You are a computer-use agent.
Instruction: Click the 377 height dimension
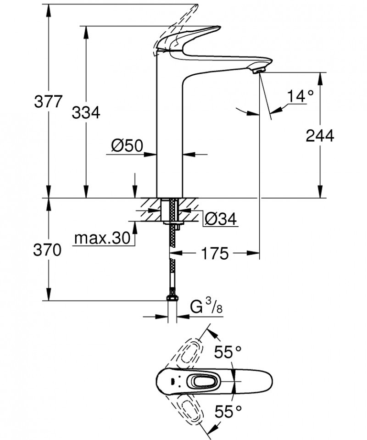coord(48,101)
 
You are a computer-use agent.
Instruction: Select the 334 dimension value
coord(86,112)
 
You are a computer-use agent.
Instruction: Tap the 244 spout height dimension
coord(320,135)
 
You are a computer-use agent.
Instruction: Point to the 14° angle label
coord(300,96)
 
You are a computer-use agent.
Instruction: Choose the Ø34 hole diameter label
coord(220,220)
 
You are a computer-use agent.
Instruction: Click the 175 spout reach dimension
coord(214,253)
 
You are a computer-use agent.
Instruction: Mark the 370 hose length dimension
coord(48,250)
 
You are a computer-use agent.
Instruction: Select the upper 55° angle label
coord(228,352)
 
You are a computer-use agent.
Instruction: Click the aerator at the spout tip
coord(259,70)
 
